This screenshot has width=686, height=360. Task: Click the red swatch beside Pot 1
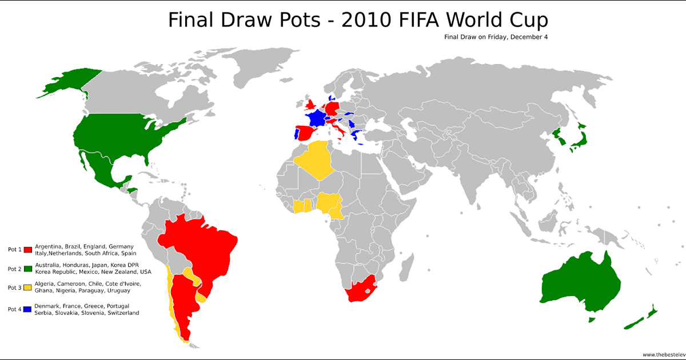point(27,250)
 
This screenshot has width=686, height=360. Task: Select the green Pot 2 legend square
point(27,269)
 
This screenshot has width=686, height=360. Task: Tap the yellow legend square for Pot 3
point(27,287)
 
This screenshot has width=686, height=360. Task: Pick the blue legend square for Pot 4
point(27,309)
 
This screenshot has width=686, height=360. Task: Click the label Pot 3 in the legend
point(14,287)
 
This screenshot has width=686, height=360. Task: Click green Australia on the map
point(580,283)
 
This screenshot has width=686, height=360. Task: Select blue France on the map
point(316,118)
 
